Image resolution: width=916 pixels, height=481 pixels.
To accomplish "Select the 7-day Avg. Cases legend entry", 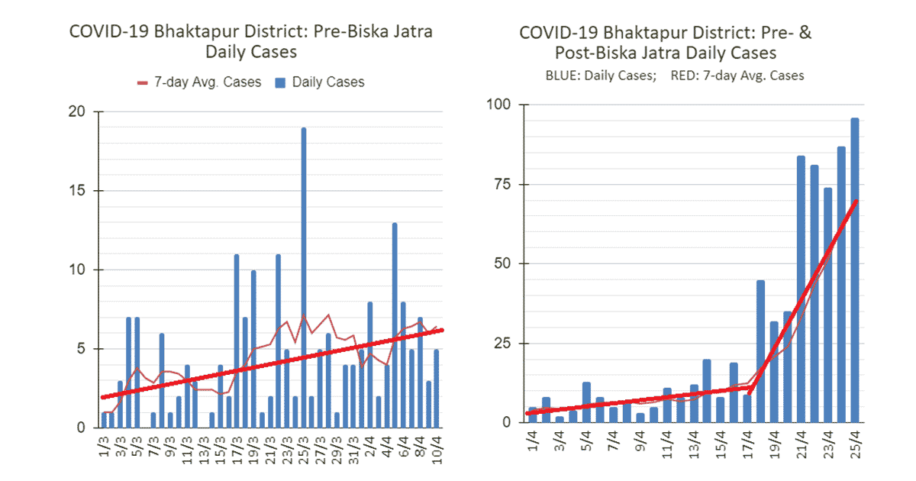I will [x=198, y=82].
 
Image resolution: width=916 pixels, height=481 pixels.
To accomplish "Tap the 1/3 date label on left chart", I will [x=104, y=444].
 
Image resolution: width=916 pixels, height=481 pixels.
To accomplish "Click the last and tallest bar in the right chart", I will [x=855, y=270].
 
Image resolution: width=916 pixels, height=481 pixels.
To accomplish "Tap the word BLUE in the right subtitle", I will [x=563, y=76].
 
